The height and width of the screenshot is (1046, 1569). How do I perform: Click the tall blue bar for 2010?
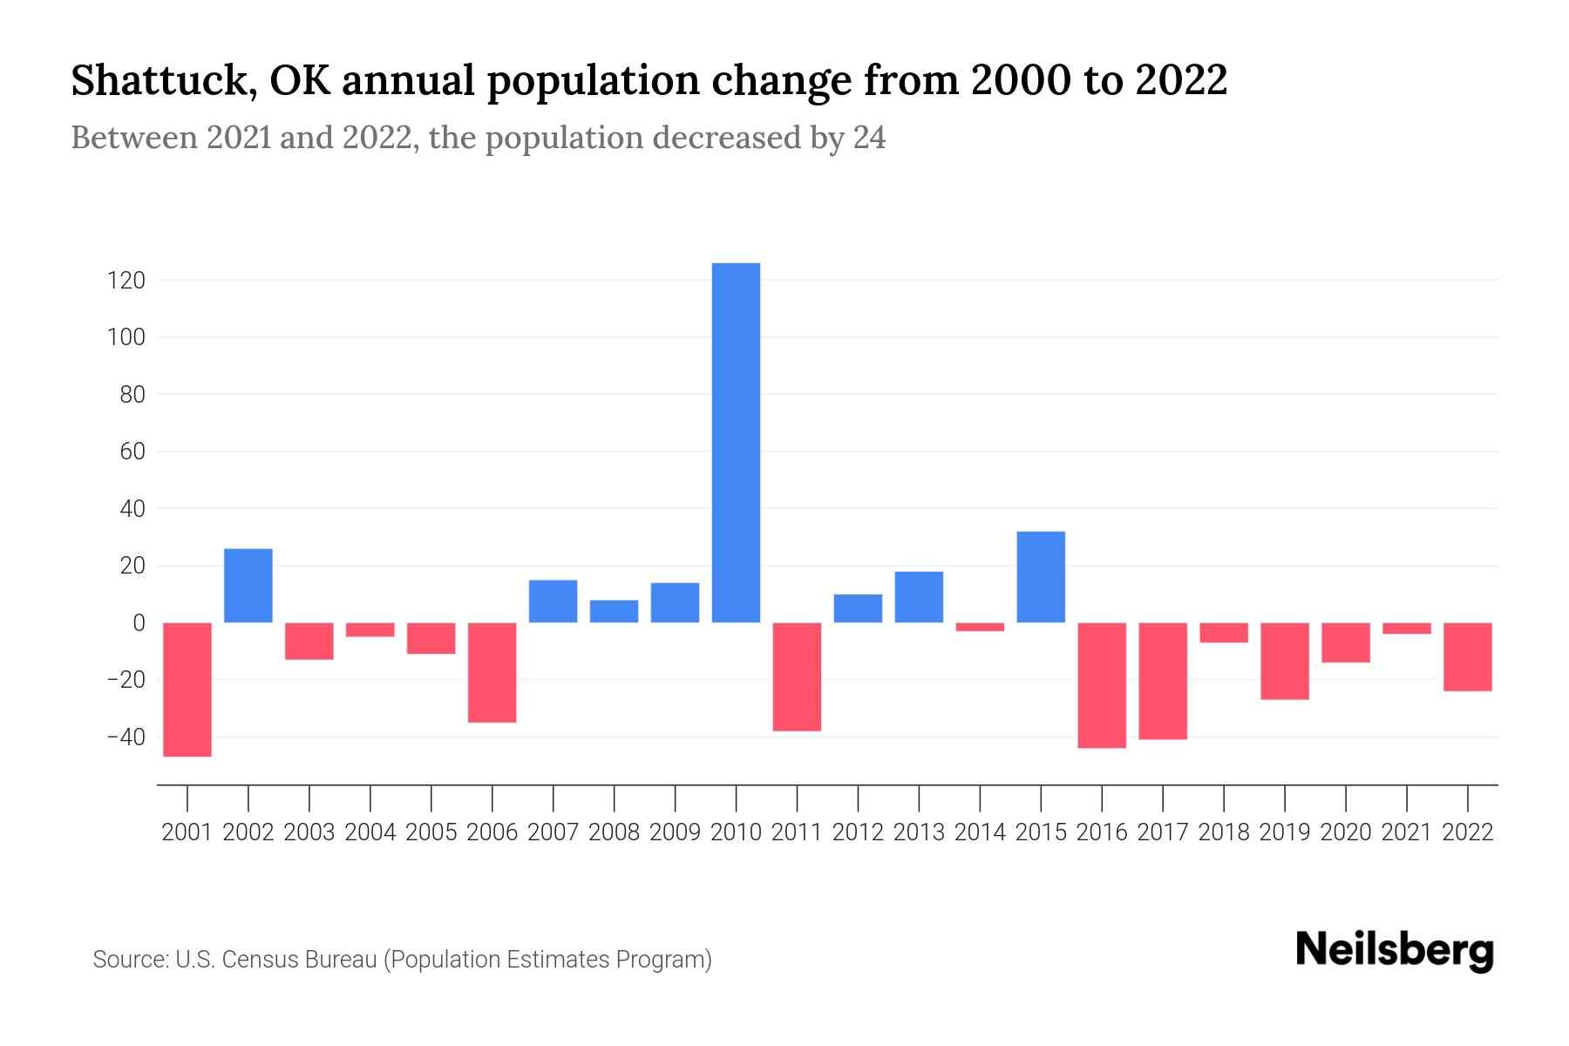click(736, 443)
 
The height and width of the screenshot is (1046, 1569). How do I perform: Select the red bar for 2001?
click(187, 689)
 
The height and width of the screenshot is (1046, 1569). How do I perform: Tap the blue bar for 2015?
click(1041, 577)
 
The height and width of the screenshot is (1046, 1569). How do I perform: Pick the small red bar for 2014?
click(980, 627)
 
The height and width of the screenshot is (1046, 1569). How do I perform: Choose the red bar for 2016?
click(1102, 685)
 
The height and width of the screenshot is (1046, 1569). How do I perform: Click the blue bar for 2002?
click(248, 586)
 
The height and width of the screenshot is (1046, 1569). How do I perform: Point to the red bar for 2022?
click(1468, 656)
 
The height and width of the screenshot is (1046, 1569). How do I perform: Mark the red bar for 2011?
click(797, 676)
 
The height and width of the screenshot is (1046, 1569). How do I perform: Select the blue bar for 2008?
click(614, 611)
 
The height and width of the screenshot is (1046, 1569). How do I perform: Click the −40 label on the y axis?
click(126, 737)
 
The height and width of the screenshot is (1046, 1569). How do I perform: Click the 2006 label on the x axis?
click(492, 832)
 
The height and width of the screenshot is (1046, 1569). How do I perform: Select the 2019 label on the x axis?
click(1285, 832)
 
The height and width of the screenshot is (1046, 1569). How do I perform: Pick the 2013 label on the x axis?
click(919, 832)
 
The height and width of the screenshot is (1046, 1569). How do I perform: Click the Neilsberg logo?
click(1395, 950)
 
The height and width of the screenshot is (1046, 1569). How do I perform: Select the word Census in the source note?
click(262, 960)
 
